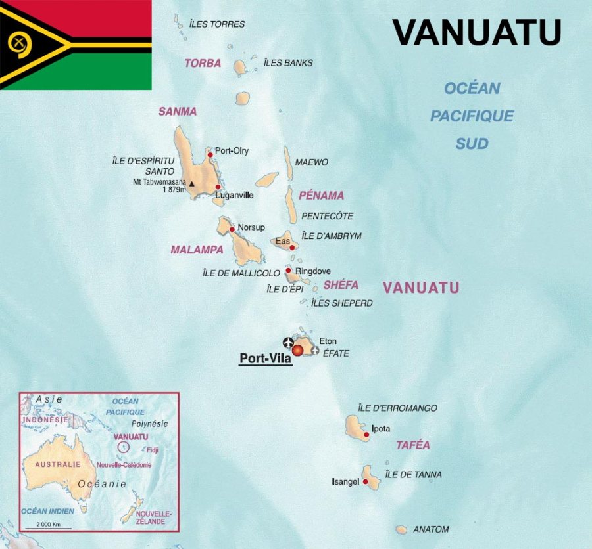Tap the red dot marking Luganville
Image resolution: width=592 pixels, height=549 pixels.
pyautogui.click(x=218, y=187)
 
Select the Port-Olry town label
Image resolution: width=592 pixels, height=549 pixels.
pyautogui.click(x=232, y=150)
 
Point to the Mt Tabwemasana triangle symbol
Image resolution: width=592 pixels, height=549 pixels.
pyautogui.click(x=192, y=184)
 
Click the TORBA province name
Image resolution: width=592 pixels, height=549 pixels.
pyautogui.click(x=203, y=64)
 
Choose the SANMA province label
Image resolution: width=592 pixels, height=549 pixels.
pyautogui.click(x=178, y=112)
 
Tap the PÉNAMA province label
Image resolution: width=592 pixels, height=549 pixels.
pyautogui.click(x=321, y=195)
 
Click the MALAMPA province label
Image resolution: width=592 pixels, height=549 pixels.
pyautogui.click(x=197, y=250)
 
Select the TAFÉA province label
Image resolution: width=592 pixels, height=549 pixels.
pyautogui.click(x=412, y=445)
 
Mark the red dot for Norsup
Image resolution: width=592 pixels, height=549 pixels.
pyautogui.click(x=232, y=229)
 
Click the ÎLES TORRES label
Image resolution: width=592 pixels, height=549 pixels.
pyautogui.click(x=216, y=24)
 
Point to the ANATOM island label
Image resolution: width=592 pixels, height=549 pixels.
pyautogui.click(x=431, y=529)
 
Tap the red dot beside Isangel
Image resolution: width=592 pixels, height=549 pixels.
pyautogui.click(x=365, y=482)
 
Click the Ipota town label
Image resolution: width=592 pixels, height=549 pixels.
pyautogui.click(x=381, y=429)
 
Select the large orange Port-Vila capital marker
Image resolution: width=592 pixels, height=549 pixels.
pyautogui.click(x=298, y=351)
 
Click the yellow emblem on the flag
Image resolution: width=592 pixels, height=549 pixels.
pyautogui.click(x=19, y=44)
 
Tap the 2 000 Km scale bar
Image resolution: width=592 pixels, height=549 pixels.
pyautogui.click(x=48, y=527)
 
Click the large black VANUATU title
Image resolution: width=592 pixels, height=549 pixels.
pyautogui.click(x=477, y=32)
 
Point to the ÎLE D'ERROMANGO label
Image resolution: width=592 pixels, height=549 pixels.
pyautogui.click(x=397, y=408)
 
